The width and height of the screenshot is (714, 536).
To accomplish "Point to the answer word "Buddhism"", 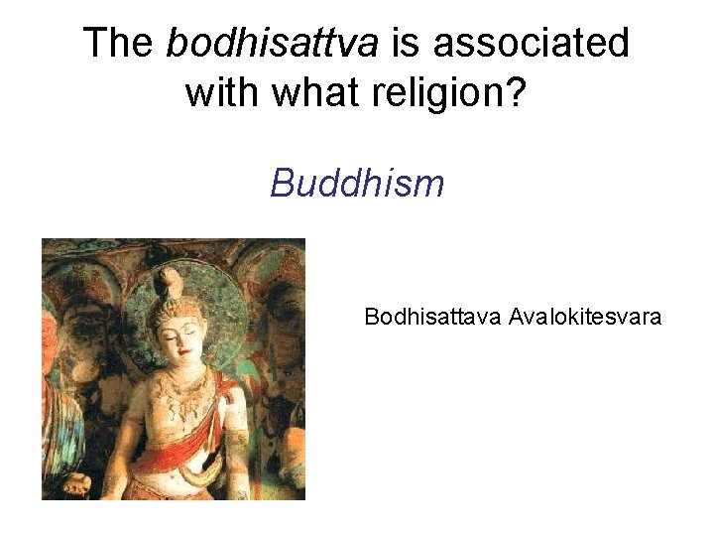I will (357, 183).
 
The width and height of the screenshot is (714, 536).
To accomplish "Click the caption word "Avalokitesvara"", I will (585, 317).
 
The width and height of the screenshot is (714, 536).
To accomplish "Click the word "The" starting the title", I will (118, 43).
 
